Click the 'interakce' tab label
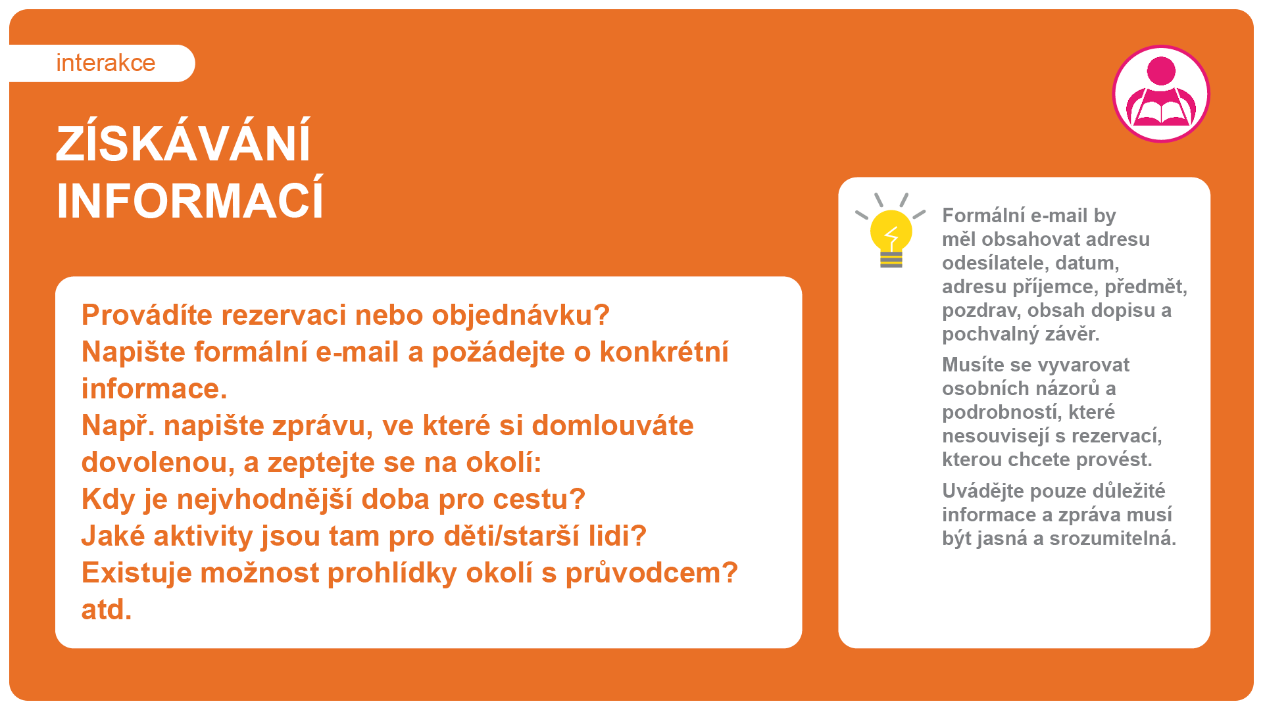coord(105,63)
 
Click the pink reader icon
coord(1161,93)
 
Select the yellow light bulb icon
coord(891,231)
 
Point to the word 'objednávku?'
coord(521,316)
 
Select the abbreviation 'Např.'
coord(118,426)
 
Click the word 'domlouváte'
coord(612,425)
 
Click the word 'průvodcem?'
coord(652,573)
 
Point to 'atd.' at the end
coord(107,610)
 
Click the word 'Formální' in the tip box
coord(982,216)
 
